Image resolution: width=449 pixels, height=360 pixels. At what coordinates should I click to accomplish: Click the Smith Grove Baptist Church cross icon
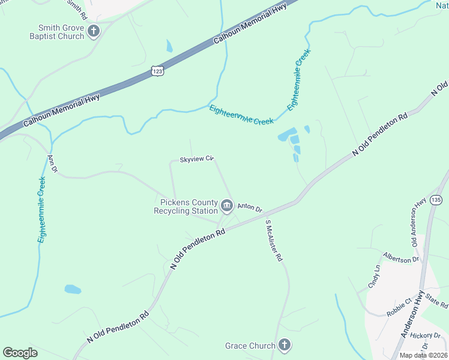coord(93,31)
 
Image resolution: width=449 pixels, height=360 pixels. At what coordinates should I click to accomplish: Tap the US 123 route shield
coord(157,70)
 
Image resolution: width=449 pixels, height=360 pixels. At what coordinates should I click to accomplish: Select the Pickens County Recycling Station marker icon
coord(227,206)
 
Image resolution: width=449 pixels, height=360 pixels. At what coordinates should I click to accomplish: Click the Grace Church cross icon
coord(285,345)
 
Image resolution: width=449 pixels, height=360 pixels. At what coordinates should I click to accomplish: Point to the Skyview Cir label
coord(197,160)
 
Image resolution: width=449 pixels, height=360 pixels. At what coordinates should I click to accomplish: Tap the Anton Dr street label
coord(250,208)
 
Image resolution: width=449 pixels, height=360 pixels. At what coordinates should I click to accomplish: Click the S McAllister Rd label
coord(274,241)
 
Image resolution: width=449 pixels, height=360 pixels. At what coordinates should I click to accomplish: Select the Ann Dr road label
coord(52,164)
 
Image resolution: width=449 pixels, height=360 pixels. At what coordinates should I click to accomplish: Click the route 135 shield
coord(436,199)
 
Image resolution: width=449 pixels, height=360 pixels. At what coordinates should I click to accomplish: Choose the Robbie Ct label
coord(399,304)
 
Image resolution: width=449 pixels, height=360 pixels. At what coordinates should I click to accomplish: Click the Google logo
coord(20,353)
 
